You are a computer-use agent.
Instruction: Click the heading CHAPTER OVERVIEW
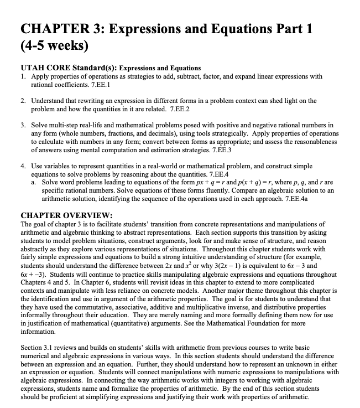66,215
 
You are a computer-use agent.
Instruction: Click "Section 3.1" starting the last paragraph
38,348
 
